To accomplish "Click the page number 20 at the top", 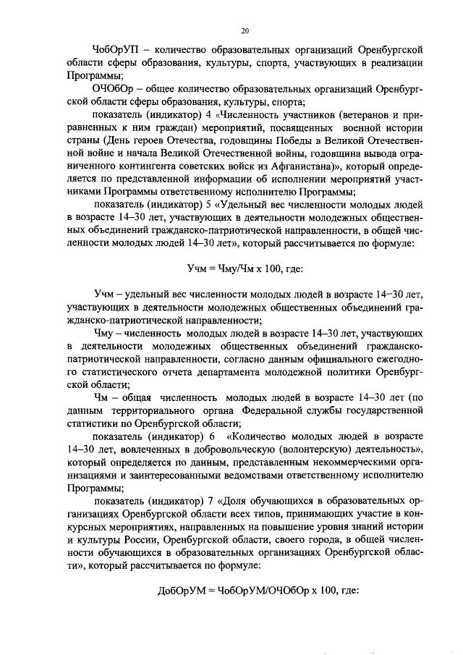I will click(x=245, y=30).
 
